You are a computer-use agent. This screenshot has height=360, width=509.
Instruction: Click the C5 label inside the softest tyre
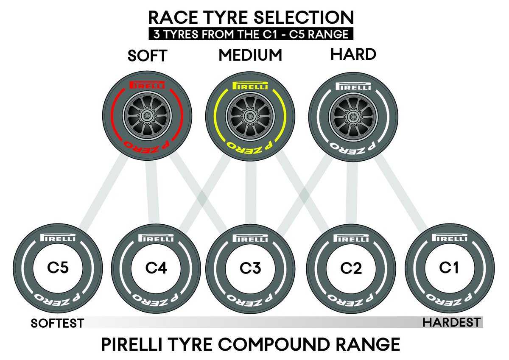58,268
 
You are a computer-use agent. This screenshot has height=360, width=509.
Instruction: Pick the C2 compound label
352,268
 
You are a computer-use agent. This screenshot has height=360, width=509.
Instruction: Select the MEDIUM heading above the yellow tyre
250,56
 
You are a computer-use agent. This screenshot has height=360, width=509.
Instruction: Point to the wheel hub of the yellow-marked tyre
249,115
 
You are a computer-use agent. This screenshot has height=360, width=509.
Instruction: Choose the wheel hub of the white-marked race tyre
353,115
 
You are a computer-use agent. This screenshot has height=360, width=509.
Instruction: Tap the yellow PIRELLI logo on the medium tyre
249,86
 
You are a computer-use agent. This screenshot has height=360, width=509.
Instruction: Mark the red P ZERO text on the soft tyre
146,146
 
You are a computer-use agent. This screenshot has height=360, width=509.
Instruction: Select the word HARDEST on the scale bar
452,322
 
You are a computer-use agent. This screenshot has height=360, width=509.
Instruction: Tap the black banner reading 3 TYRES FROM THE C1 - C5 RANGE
250,33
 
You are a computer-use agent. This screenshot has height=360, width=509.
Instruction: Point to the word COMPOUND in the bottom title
266,344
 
